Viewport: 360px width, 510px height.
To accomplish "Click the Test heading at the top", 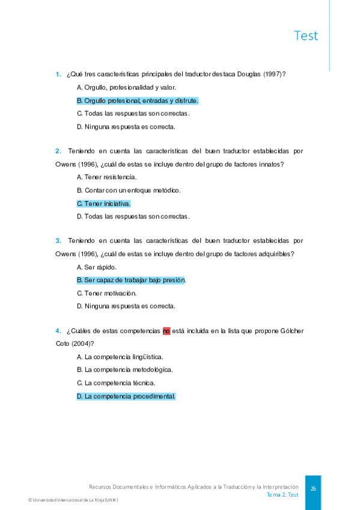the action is pyautogui.click(x=306, y=35).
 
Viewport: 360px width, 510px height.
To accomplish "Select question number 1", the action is pyautogui.click(x=58, y=74).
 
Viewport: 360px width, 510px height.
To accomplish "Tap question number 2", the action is pyautogui.click(x=58, y=151).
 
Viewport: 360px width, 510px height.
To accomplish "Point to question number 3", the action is pyautogui.click(x=58, y=241).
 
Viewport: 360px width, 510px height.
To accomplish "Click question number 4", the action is pyautogui.click(x=58, y=330).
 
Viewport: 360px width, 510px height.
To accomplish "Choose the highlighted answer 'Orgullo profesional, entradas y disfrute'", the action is pyautogui.click(x=138, y=100).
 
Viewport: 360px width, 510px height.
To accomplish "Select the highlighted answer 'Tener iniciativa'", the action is pyautogui.click(x=103, y=203).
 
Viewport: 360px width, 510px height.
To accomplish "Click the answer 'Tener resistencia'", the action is pyautogui.click(x=106, y=177).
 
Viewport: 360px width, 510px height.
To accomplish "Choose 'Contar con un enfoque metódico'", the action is pyautogui.click(x=129, y=190).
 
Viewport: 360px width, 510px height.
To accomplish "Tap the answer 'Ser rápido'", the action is pyautogui.click(x=97, y=267).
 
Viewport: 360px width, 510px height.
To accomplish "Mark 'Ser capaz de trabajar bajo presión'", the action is pyautogui.click(x=131, y=280).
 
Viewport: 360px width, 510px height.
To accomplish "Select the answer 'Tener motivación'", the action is pyautogui.click(x=106, y=293).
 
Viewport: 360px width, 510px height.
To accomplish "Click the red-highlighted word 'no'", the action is pyautogui.click(x=166, y=330).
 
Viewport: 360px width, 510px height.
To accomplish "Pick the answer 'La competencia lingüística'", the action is pyautogui.click(x=120, y=357).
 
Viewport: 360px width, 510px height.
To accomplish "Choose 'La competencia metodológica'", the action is pyautogui.click(x=124, y=370).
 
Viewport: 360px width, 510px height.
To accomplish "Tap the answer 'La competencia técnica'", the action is pyautogui.click(x=116, y=382).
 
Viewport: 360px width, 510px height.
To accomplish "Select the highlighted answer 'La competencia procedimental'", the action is pyautogui.click(x=126, y=396).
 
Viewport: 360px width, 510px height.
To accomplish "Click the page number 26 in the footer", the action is pyautogui.click(x=313, y=489).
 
